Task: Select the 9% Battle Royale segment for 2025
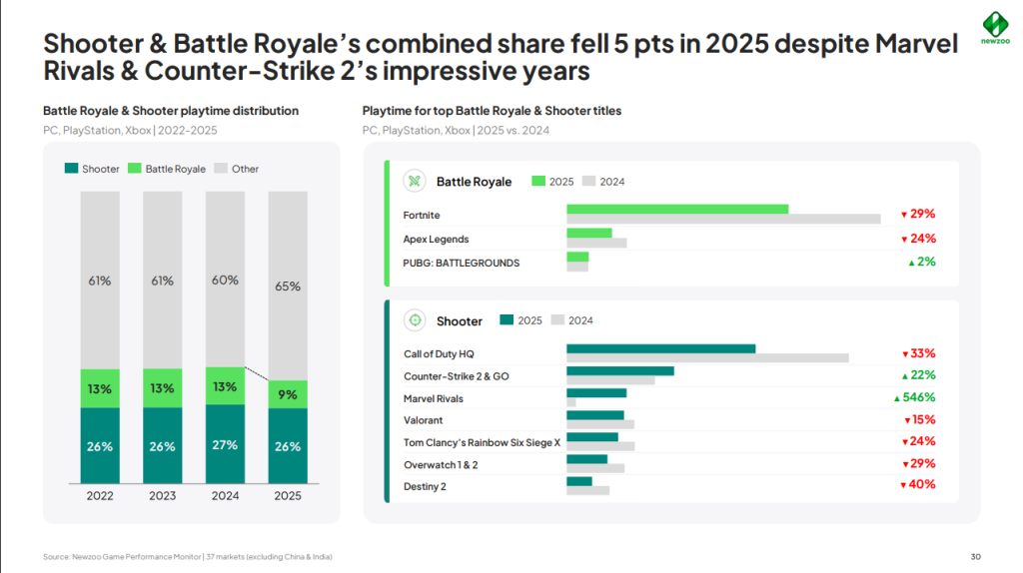coord(288,394)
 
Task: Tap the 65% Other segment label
coord(288,286)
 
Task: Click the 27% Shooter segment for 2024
coord(225,445)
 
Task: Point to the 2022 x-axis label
coord(100,496)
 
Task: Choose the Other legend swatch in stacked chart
coord(223,170)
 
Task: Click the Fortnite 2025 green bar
coord(677,209)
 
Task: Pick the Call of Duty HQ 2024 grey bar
coord(707,358)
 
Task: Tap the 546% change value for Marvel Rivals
coord(915,397)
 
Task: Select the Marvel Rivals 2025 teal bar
coord(596,392)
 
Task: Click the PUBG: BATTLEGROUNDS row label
coord(462,263)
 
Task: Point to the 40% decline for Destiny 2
coord(917,485)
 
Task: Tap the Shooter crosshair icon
coord(414,320)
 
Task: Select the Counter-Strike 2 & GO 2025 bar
coord(620,370)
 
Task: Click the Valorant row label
coord(424,420)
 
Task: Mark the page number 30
coord(975,556)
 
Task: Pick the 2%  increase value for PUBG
coord(921,263)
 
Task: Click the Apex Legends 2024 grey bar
coord(596,243)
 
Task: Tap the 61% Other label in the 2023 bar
coord(163,281)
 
